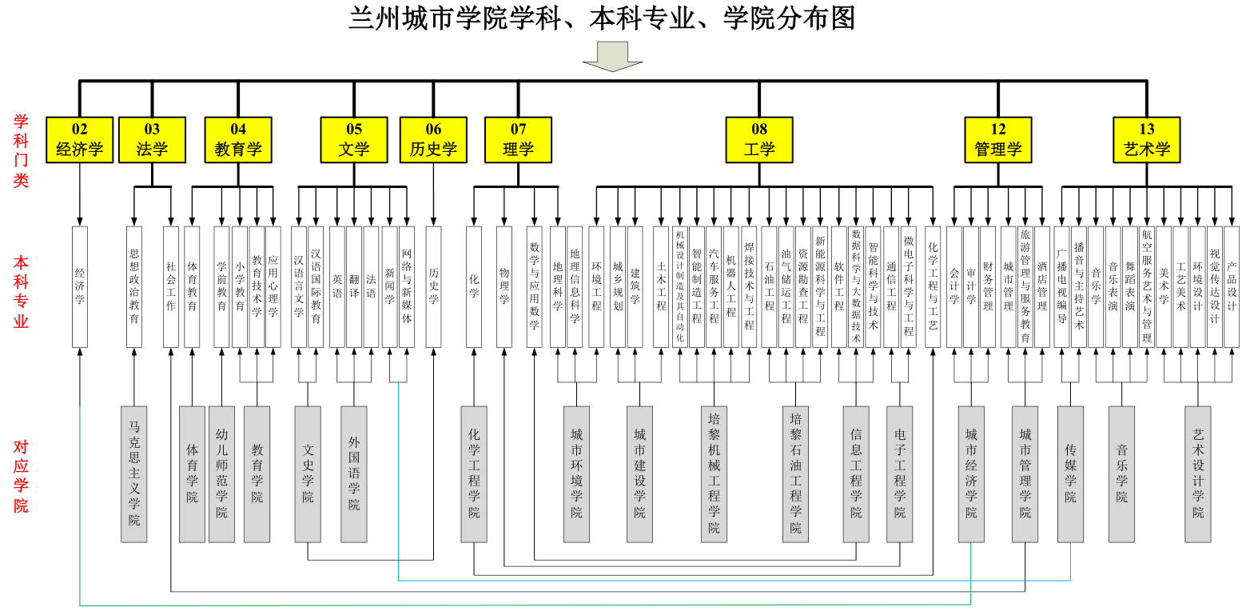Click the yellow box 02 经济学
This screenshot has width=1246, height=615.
(80, 140)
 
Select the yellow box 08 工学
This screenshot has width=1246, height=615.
(759, 140)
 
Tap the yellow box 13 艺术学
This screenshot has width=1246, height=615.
(1147, 140)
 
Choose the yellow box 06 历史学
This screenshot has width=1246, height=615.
(433, 140)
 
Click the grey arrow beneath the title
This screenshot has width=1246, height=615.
(612, 56)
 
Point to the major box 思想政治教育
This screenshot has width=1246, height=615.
(134, 286)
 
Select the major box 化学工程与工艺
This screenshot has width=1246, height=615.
(933, 286)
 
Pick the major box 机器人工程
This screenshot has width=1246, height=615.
(731, 286)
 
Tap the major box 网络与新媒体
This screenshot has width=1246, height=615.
(407, 286)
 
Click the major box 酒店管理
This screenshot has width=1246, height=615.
(1042, 286)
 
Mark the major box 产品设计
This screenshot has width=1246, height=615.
(1232, 286)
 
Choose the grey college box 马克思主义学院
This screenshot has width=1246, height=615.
(134, 474)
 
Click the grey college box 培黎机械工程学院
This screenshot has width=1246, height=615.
(714, 474)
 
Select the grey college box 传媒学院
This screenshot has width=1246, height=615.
(1070, 474)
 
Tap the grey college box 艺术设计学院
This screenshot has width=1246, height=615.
(1198, 474)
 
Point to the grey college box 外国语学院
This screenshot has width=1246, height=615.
(354, 474)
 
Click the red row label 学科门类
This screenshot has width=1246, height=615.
(22, 151)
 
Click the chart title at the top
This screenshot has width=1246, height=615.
(602, 18)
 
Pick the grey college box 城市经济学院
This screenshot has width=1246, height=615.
(971, 474)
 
